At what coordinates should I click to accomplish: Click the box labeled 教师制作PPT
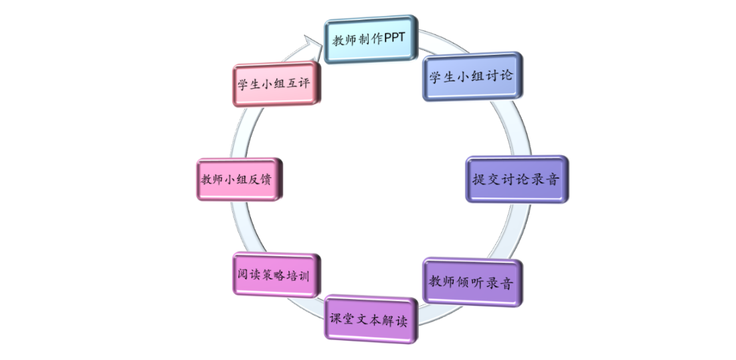[370, 41]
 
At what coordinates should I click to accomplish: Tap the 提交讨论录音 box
[516, 179]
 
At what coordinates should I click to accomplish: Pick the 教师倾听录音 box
[472, 282]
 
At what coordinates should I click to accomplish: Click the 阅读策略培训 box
[273, 274]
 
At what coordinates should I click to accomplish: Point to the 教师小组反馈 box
[236, 179]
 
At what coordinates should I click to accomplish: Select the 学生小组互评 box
[274, 84]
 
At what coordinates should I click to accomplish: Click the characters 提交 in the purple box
[484, 179]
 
